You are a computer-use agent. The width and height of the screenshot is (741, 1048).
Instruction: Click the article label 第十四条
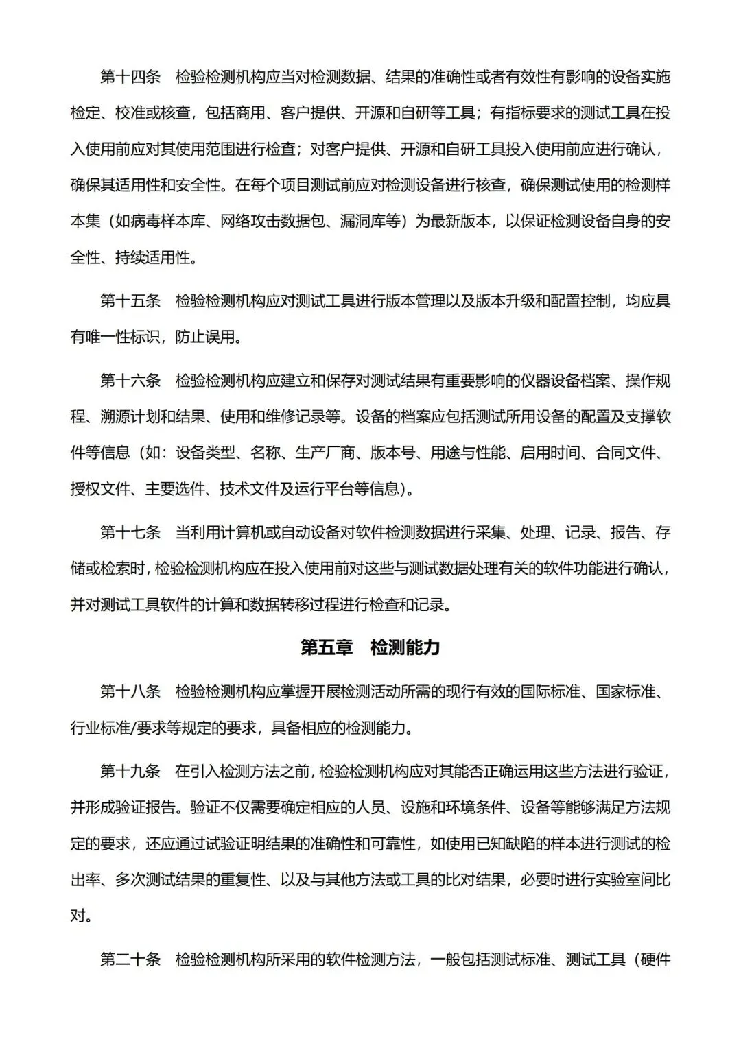pos(130,77)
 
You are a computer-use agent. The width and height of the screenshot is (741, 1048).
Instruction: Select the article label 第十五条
pos(130,300)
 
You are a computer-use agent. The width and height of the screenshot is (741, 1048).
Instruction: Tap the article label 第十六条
pos(130,381)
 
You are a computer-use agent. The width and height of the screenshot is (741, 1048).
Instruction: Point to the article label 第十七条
pos(130,532)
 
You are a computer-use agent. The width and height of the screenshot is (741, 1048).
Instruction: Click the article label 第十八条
pos(130,691)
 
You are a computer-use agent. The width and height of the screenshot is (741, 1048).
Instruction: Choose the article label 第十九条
pos(130,771)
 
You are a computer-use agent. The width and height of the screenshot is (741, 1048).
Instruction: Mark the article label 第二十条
pos(130,960)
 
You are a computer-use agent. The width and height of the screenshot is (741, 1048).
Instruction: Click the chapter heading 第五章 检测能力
pos(370,647)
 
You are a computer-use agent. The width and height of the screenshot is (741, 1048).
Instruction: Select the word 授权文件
pos(99,489)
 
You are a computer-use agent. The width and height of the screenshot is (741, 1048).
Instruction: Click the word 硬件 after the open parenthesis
pos(655,960)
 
